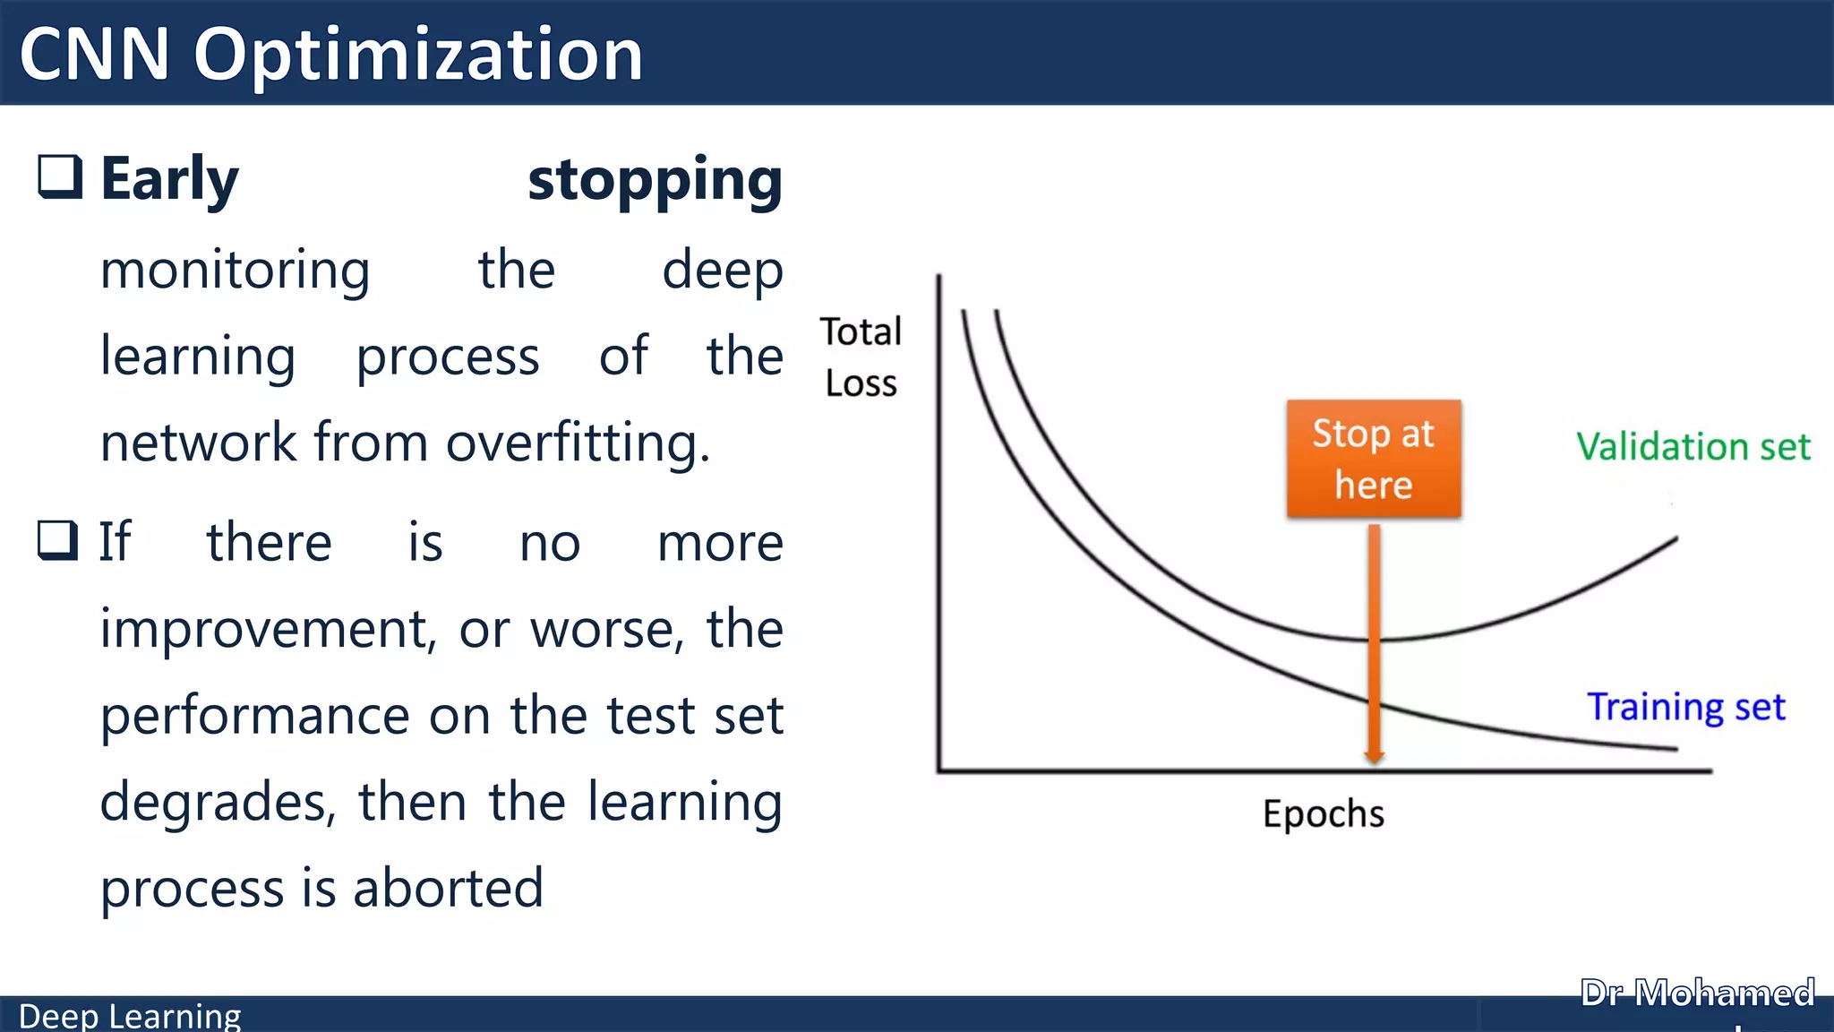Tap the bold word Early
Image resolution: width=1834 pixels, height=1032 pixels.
click(169, 179)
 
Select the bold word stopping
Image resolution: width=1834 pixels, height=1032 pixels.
click(655, 181)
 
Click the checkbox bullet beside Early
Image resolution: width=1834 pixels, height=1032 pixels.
click(60, 176)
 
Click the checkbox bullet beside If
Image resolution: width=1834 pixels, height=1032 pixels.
click(59, 540)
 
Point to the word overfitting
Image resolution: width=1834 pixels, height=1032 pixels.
click(577, 443)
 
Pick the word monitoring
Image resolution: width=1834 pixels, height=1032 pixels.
click(235, 271)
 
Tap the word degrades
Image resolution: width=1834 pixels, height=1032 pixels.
click(218, 802)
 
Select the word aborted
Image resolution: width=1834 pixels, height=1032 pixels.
click(448, 888)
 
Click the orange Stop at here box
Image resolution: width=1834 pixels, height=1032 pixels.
click(1374, 459)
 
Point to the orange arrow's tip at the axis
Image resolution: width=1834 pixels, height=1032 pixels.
click(1374, 761)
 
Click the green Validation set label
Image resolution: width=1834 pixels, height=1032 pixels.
click(1693, 446)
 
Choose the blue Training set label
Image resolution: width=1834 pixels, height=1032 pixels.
click(1685, 707)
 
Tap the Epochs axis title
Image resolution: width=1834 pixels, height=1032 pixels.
click(1323, 814)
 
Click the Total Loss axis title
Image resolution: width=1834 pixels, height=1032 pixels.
click(861, 357)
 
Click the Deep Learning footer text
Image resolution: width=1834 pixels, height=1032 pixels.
click(130, 1016)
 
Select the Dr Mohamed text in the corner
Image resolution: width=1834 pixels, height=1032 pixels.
click(1697, 993)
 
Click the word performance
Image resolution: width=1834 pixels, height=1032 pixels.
click(254, 716)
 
